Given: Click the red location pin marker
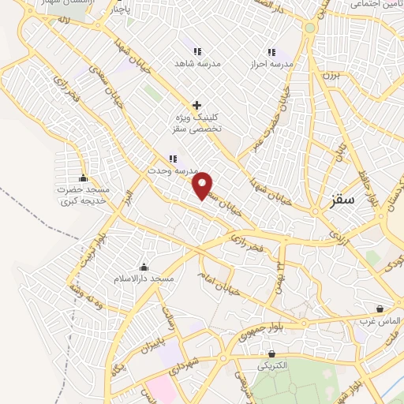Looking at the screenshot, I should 204,185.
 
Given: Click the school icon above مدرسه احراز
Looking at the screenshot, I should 272,51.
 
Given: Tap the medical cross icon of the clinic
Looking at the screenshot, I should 196,105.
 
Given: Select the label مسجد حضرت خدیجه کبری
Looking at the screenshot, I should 84,196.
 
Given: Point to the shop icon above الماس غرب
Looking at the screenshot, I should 381,309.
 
